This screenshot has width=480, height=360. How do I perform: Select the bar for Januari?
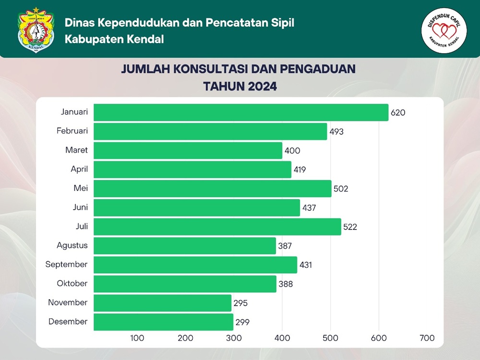pyautogui.click(x=240, y=112)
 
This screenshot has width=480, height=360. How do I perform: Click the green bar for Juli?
pyautogui.click(x=217, y=227)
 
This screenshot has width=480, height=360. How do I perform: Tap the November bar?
pyautogui.click(x=162, y=303)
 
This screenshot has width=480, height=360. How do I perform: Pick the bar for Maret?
pyautogui.click(x=188, y=150)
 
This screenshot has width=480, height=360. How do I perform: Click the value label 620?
pyautogui.click(x=398, y=113)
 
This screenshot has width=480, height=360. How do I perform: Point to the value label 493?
pyautogui.click(x=336, y=132)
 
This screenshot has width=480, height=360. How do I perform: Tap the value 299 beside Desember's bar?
pyautogui.click(x=243, y=322)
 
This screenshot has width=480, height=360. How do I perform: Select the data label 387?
pyautogui.click(x=285, y=246)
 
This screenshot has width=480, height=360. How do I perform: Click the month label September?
pyautogui.click(x=66, y=264)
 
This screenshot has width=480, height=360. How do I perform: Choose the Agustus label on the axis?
pyautogui.click(x=72, y=245)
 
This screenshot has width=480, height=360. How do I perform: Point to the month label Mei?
pyautogui.click(x=80, y=188)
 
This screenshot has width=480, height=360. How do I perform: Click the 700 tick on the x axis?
pyautogui.click(x=427, y=338)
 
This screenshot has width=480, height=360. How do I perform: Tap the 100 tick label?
pyautogui.click(x=137, y=338)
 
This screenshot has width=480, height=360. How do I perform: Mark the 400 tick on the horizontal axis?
pyautogui.click(x=282, y=338)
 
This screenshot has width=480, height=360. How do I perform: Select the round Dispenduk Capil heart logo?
pyautogui.click(x=444, y=30)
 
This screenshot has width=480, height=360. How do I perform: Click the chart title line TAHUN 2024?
pyautogui.click(x=240, y=87)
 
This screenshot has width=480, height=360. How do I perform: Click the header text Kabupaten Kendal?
pyautogui.click(x=114, y=39)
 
